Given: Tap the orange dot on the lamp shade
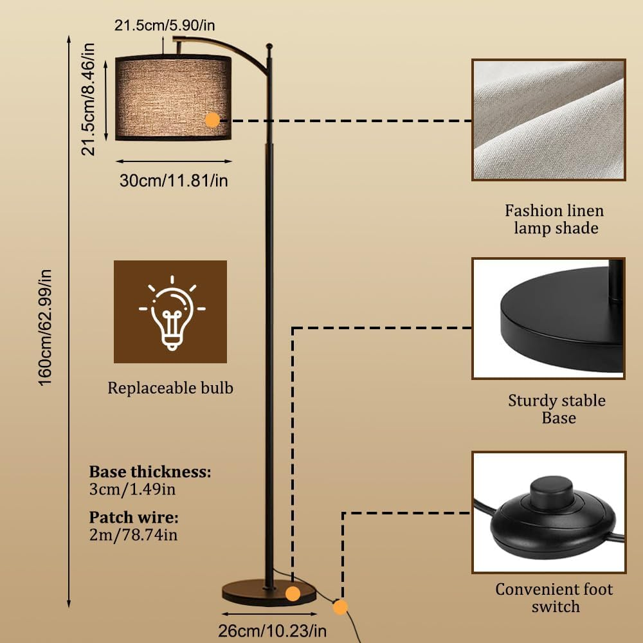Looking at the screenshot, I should (212, 120).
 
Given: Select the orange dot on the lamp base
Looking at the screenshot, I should (293, 593).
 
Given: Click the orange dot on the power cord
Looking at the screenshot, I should (340, 606).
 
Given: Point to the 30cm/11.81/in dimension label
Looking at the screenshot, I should (174, 181).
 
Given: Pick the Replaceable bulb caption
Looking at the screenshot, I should (170, 388).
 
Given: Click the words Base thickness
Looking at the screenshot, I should (150, 472).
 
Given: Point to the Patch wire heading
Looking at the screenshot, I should (134, 518).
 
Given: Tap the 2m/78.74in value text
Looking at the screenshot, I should (132, 534).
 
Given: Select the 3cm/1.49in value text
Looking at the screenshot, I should (132, 489).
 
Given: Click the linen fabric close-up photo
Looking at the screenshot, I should (548, 120).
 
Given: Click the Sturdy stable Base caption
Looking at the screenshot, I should (557, 409).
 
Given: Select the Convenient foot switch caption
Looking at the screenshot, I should (554, 597).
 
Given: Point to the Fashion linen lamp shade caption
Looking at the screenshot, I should (554, 219).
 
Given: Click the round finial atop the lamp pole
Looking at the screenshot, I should (270, 47).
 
